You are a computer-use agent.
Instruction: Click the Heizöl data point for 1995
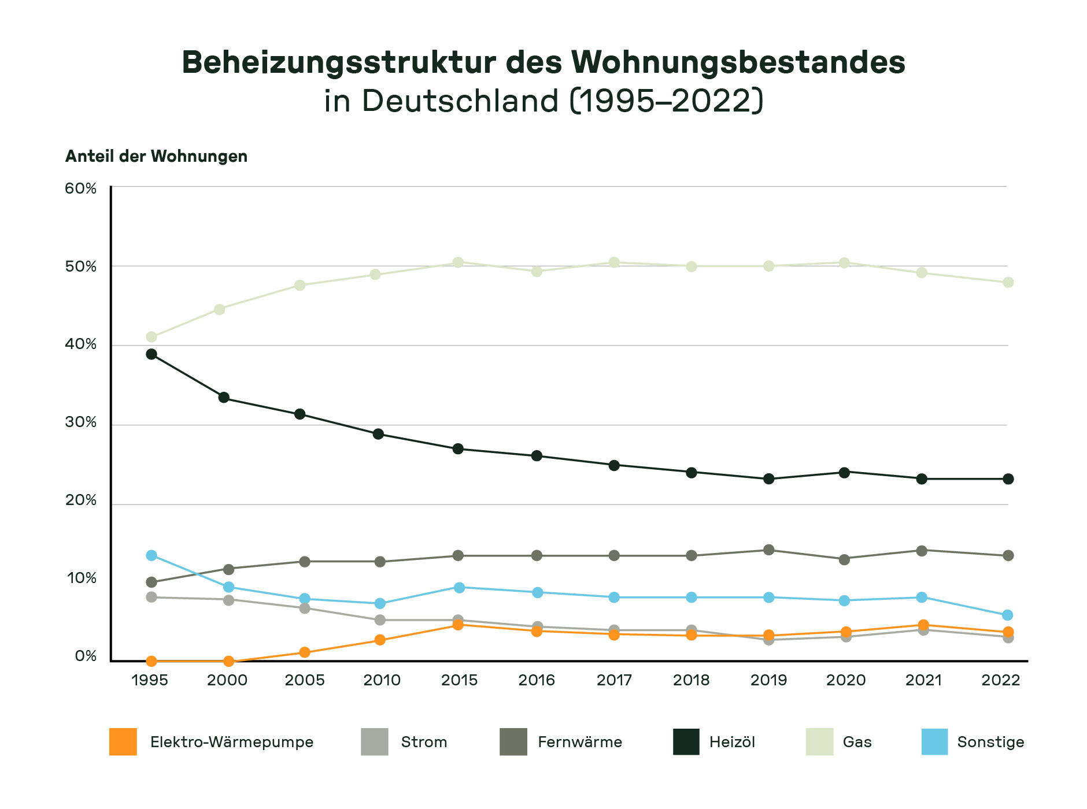[151, 354]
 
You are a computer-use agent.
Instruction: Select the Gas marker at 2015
[458, 262]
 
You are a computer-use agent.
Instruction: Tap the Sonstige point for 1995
[151, 555]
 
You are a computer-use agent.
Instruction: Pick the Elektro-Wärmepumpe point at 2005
[305, 652]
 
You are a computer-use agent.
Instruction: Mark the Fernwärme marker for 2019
[769, 550]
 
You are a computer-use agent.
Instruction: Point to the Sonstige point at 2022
[1008, 615]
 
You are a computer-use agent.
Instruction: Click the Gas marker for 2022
[1008, 283]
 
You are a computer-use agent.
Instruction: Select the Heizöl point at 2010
[378, 434]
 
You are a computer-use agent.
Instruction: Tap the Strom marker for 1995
[151, 597]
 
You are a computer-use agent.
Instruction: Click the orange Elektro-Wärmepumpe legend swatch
[123, 742]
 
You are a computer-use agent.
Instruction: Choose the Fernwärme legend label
[580, 742]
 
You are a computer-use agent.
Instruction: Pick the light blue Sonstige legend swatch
[935, 742]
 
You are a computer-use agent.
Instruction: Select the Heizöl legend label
[732, 742]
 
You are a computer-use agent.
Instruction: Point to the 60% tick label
[81, 188]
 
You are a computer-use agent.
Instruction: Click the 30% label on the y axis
[81, 422]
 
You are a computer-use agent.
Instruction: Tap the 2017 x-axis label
[614, 680]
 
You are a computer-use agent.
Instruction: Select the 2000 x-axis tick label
[227, 680]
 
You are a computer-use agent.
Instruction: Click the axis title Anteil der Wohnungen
[156, 157]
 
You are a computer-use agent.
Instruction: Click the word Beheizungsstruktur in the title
[339, 62]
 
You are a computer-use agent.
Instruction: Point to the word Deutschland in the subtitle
[460, 101]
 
